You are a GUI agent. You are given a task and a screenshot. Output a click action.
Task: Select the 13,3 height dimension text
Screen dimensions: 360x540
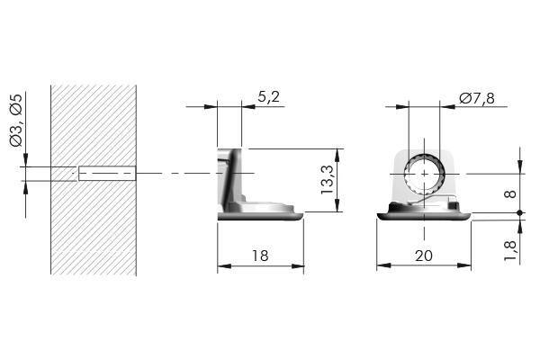pos(328,180)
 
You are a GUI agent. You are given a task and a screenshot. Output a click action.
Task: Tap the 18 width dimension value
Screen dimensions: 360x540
pos(261,255)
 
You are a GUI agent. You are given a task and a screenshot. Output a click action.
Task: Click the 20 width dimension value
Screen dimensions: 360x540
pos(423,256)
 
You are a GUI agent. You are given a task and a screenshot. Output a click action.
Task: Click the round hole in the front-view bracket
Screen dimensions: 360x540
pos(423,173)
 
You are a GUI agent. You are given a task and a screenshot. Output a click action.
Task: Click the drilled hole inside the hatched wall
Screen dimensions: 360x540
pos(106,173)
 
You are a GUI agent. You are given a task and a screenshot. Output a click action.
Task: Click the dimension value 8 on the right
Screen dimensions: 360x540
pos(510,193)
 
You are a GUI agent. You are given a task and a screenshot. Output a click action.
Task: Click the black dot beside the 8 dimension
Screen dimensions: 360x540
pos(520,212)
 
